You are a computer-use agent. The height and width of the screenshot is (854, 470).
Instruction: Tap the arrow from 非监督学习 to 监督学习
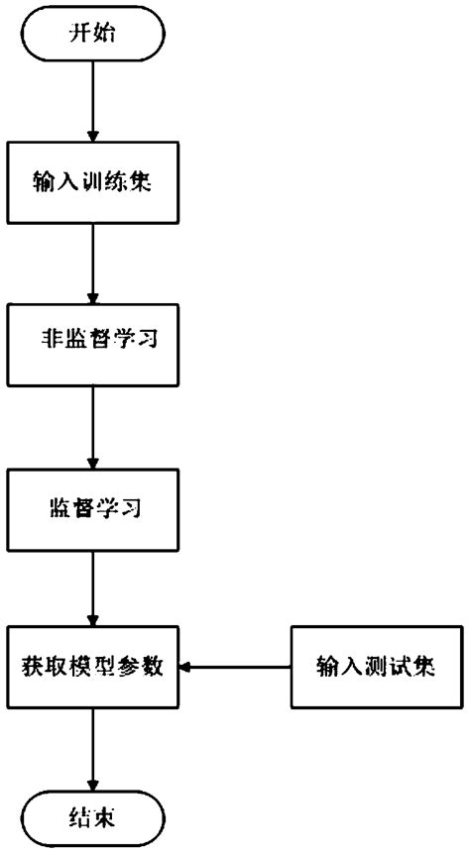[92, 428]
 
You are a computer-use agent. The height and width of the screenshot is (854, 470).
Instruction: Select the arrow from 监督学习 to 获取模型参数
[92, 588]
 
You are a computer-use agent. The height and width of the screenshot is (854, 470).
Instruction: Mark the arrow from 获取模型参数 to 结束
[92, 747]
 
